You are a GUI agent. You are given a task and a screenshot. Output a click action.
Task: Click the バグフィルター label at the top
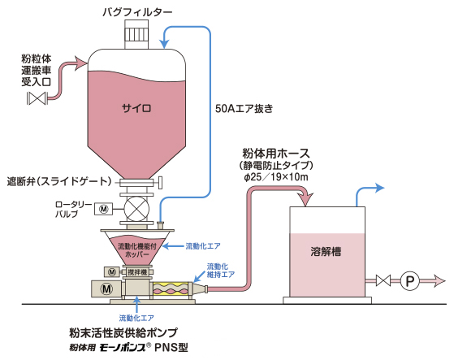137,12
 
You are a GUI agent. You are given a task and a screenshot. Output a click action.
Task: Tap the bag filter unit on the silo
136,34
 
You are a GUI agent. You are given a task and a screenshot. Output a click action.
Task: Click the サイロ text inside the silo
136,108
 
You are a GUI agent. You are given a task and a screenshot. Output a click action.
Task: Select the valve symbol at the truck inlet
37,98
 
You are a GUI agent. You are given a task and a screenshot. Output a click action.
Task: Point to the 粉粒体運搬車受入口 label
37,70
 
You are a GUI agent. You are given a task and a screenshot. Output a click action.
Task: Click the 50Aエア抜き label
244,109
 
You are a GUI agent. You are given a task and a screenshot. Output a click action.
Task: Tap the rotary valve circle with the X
136,209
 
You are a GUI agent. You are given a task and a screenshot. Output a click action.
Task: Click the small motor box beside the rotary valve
104,209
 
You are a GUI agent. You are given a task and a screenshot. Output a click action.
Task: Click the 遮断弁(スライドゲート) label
59,181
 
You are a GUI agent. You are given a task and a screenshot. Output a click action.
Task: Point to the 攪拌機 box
137,272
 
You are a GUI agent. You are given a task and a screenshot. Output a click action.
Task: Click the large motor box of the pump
106,288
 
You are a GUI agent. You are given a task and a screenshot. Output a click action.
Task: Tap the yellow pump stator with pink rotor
170,289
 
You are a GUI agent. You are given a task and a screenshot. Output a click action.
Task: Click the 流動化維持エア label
220,271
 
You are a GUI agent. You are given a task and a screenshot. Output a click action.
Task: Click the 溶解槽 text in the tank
326,251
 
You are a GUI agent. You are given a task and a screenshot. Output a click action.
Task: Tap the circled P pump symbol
409,280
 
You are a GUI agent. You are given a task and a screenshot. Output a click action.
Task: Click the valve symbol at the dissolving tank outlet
383,280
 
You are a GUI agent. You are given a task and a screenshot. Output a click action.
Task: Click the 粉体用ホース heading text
275,154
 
